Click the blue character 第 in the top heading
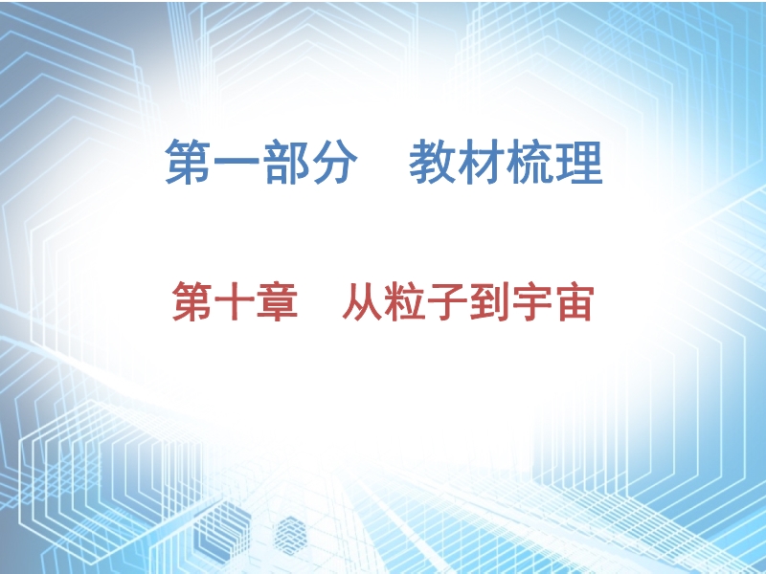click(188, 162)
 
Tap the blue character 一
click(237, 162)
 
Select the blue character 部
click(285, 162)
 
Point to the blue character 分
click(334, 162)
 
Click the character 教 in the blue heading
click(432, 162)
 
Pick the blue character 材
click(481, 162)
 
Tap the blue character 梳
click(529, 162)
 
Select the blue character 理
click(579, 162)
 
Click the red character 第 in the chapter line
click(192, 301)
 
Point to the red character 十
click(235, 301)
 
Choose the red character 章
click(278, 301)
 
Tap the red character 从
click(363, 301)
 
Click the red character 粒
click(405, 301)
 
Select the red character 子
click(447, 301)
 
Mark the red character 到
click(489, 301)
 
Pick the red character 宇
click(532, 301)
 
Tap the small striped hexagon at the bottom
click(290, 536)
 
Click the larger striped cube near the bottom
click(222, 531)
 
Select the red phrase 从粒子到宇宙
click(468, 301)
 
